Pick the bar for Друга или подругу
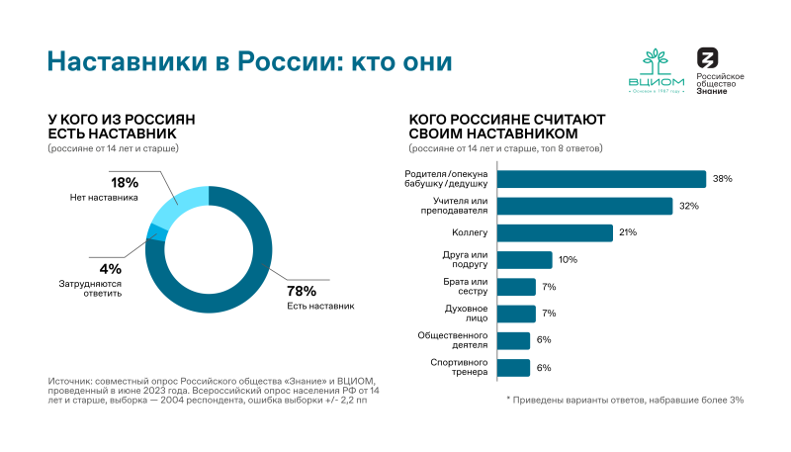[x=524, y=260]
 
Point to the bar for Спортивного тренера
[x=513, y=368]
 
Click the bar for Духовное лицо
[x=516, y=314]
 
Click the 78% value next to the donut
[x=302, y=291]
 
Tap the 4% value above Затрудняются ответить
[x=110, y=269]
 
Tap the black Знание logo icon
[x=708, y=58]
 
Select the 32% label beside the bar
[x=688, y=206]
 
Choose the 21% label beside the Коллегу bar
[x=628, y=232]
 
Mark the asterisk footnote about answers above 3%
[x=624, y=400]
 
